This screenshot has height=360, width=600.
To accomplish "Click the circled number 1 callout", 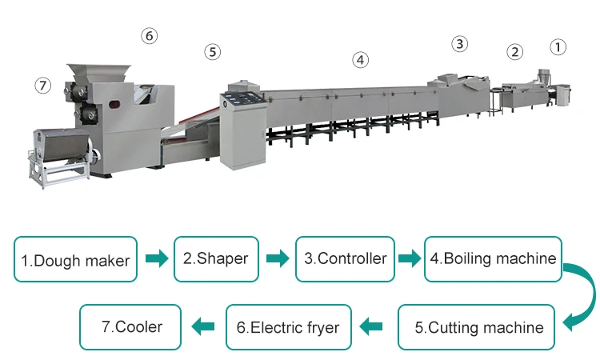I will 558,47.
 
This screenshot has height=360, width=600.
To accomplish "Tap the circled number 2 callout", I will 514,52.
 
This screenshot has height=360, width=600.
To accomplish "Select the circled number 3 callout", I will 459,43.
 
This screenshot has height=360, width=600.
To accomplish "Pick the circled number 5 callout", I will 211,51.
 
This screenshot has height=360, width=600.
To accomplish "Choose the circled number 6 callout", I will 149,35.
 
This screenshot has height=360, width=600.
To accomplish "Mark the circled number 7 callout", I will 43,86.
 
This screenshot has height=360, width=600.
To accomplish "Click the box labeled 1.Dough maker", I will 75,259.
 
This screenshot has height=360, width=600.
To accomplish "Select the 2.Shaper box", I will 216,258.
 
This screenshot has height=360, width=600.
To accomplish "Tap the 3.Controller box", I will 345,258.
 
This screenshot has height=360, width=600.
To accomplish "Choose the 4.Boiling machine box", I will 490,258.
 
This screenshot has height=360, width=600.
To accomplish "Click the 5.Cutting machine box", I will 478,327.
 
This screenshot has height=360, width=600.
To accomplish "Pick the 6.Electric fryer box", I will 288,327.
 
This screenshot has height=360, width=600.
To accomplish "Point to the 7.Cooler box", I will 132,326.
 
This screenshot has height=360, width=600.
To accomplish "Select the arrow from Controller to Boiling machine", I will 409,258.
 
